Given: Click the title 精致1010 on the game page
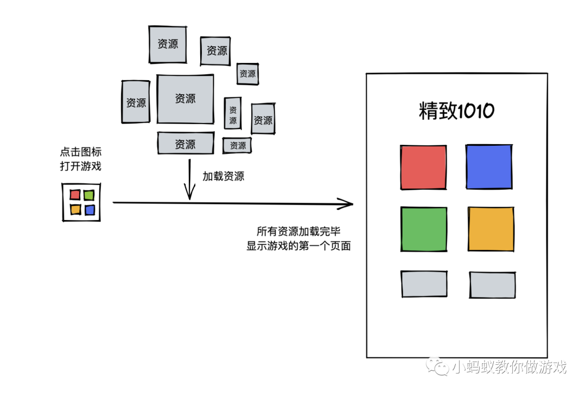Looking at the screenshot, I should coord(456,111).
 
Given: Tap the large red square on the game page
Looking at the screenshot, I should coord(424,167).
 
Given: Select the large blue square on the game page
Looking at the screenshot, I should coord(489,167).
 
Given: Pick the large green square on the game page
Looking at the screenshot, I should coord(424,229).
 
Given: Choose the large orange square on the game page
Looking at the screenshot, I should coord(491,229).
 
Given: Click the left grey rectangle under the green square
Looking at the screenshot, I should coord(424,284).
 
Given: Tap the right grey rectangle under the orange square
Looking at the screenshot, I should coord(492,285).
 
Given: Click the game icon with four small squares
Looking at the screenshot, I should coord(81,202).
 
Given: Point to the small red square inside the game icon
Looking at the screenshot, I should coord(75,195).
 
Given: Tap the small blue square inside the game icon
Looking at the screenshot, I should coord(89,210).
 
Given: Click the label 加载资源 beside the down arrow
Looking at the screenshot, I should coord(223,176).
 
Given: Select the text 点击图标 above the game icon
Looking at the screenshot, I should coord(80,152).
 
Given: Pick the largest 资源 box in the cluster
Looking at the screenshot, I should coord(185,99).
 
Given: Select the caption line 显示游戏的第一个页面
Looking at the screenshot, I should coord(298,246).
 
